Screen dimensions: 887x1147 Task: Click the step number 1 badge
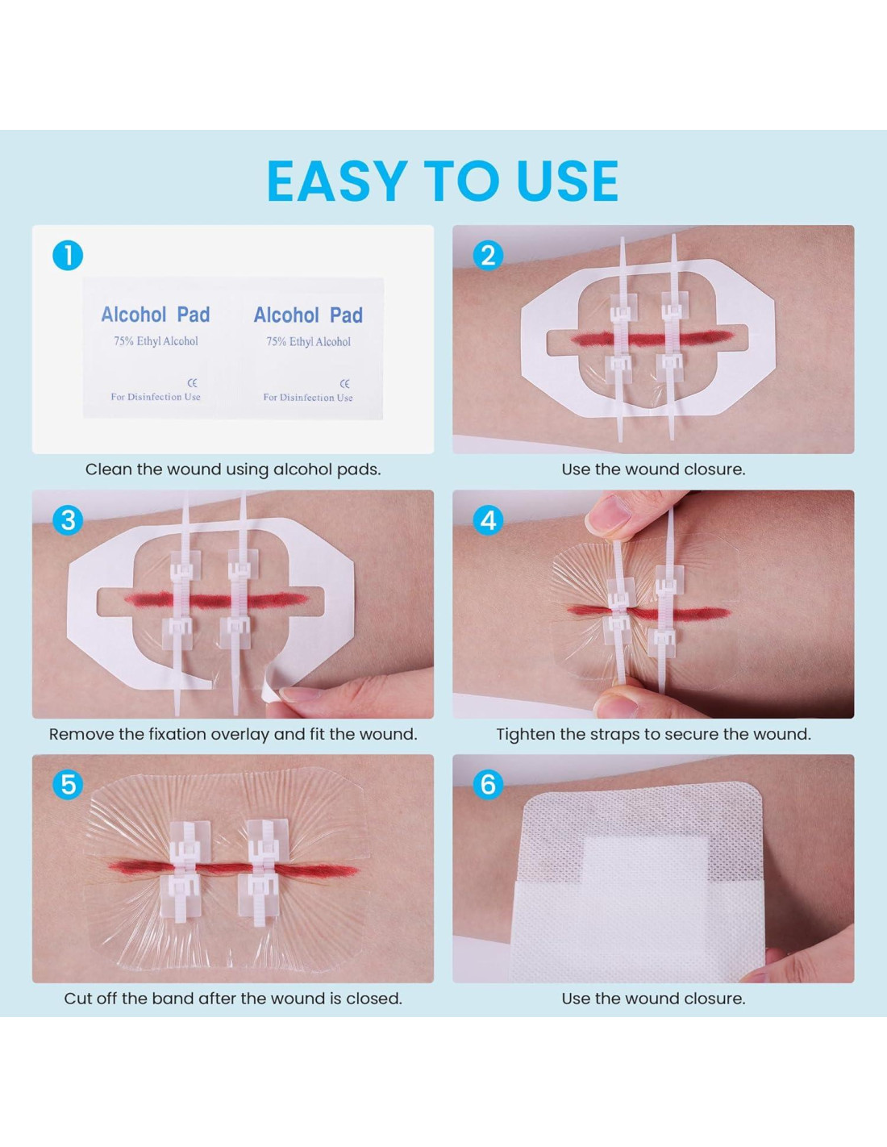pos(68,256)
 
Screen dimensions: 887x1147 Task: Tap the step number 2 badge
pos(488,256)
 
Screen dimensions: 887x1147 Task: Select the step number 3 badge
pos(68,520)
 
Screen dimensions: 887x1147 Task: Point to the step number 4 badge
pos(488,520)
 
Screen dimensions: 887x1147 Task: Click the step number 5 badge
pos(68,784)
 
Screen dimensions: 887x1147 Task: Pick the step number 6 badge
pos(488,784)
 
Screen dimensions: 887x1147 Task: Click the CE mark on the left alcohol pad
pos(192,382)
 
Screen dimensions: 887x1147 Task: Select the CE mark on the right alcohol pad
pos(345,383)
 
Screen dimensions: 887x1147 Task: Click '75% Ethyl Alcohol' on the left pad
pos(156,341)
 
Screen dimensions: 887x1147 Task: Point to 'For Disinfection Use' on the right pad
pos(308,398)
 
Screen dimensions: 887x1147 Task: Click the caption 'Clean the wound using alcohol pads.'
pos(233,469)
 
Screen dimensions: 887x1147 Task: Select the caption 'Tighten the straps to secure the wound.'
pos(653,734)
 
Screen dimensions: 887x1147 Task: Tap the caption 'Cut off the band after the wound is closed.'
pos(233,999)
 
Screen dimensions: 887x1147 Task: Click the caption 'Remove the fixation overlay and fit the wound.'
pos(233,734)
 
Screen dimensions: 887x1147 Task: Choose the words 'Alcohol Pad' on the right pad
pos(308,315)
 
